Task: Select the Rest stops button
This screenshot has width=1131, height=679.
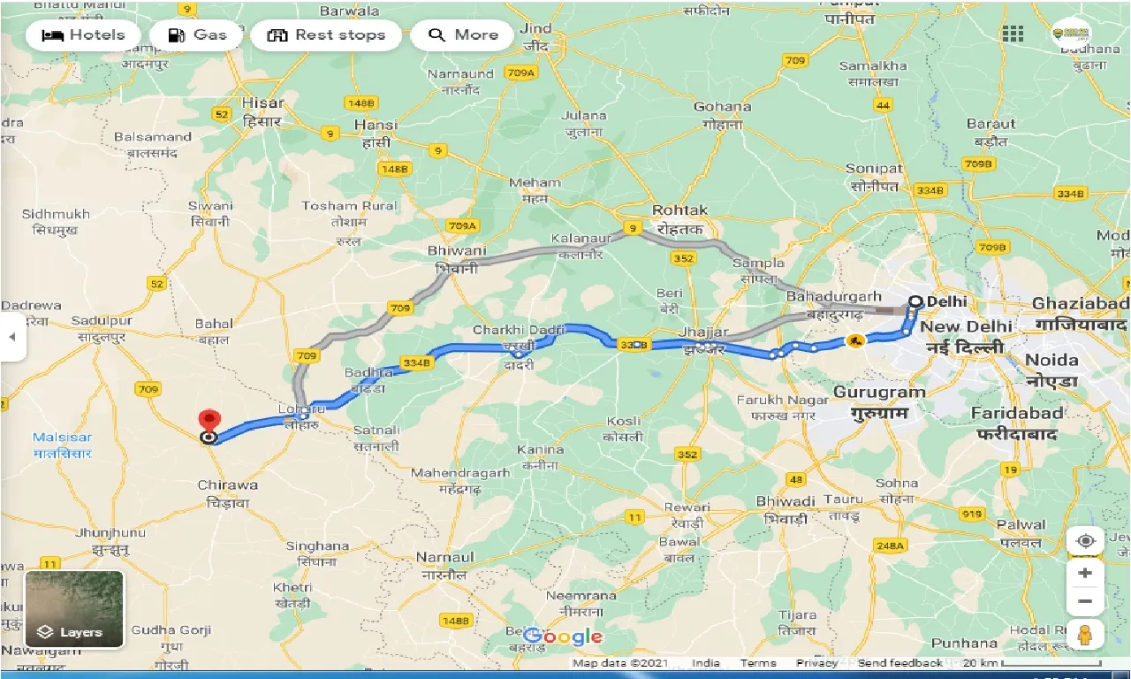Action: [x=326, y=35]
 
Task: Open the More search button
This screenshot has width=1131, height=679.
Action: [x=463, y=35]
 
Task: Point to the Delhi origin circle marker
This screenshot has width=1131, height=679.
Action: [x=915, y=301]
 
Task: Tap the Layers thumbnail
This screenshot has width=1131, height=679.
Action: [x=74, y=609]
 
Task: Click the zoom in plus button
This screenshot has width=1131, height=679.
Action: [x=1085, y=573]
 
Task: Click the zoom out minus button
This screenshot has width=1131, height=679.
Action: [x=1085, y=601]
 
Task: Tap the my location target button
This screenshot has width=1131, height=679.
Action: [x=1085, y=540]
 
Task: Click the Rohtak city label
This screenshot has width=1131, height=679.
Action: [x=679, y=210]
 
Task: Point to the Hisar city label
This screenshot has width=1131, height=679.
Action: [x=263, y=103]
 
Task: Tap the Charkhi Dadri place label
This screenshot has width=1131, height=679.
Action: [x=519, y=330]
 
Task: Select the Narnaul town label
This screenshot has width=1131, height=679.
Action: [x=446, y=558]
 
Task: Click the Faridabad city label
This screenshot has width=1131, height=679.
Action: [x=1016, y=413]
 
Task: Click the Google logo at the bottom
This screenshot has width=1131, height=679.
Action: [x=563, y=637]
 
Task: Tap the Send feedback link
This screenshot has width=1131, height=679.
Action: [x=899, y=663]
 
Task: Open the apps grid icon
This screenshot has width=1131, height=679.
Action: [x=1013, y=34]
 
